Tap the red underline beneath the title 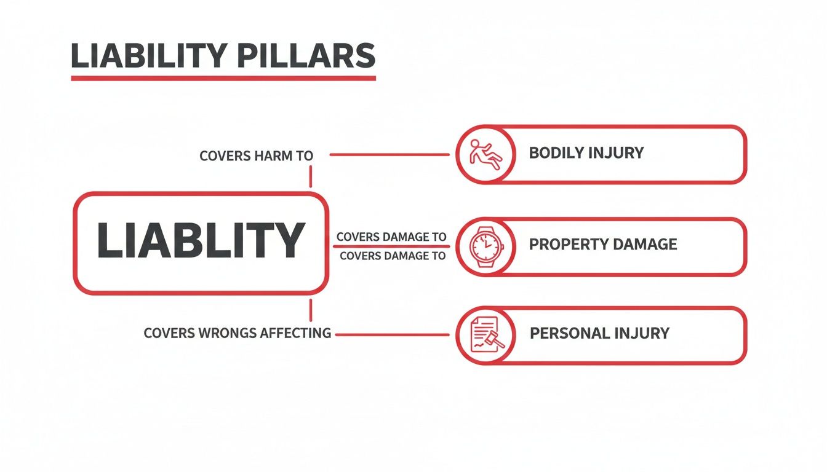[223, 78]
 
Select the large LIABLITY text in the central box [201, 240]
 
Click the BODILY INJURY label [586, 153]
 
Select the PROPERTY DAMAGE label [603, 244]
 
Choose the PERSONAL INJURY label [599, 334]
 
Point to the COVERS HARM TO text [257, 156]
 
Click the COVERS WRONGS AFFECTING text [237, 334]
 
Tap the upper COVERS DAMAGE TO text [391, 237]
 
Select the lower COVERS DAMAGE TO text [393, 256]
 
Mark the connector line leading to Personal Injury [391, 335]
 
